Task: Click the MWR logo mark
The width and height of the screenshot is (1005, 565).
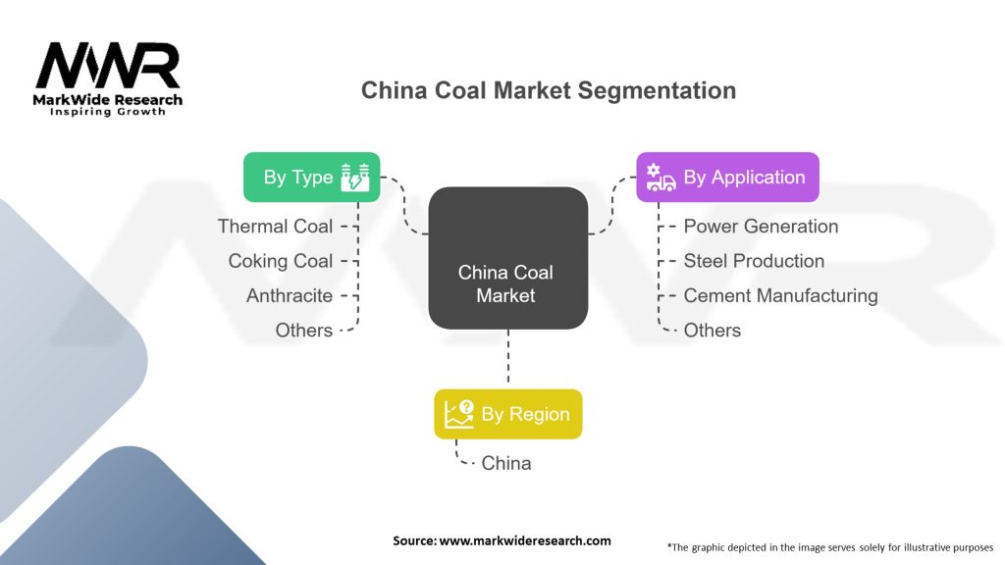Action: click(108, 65)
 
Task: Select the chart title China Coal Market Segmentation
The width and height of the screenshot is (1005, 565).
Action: click(548, 91)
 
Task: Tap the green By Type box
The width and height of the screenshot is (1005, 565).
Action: click(311, 178)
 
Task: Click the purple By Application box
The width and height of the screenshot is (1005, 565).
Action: click(726, 178)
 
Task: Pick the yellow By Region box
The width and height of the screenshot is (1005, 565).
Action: click(507, 414)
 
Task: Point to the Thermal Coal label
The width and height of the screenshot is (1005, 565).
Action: click(275, 227)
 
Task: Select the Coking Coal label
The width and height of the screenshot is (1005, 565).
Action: click(281, 261)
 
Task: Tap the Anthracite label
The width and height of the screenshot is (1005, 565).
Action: click(290, 295)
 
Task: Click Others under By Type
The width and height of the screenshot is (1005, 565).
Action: click(304, 331)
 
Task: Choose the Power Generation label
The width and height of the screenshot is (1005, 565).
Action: click(761, 227)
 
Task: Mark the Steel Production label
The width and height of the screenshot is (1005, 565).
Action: click(754, 261)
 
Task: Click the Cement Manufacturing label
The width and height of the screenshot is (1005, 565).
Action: click(780, 295)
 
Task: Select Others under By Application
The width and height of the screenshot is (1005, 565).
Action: click(713, 331)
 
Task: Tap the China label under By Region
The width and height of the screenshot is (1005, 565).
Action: click(506, 463)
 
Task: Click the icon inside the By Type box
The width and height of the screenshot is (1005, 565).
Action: click(354, 178)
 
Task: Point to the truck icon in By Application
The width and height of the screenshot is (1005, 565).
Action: click(661, 178)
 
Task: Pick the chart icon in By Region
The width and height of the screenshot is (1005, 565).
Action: click(458, 414)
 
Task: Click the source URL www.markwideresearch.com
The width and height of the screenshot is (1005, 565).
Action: click(525, 540)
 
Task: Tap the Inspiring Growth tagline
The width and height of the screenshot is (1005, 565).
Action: click(108, 112)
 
